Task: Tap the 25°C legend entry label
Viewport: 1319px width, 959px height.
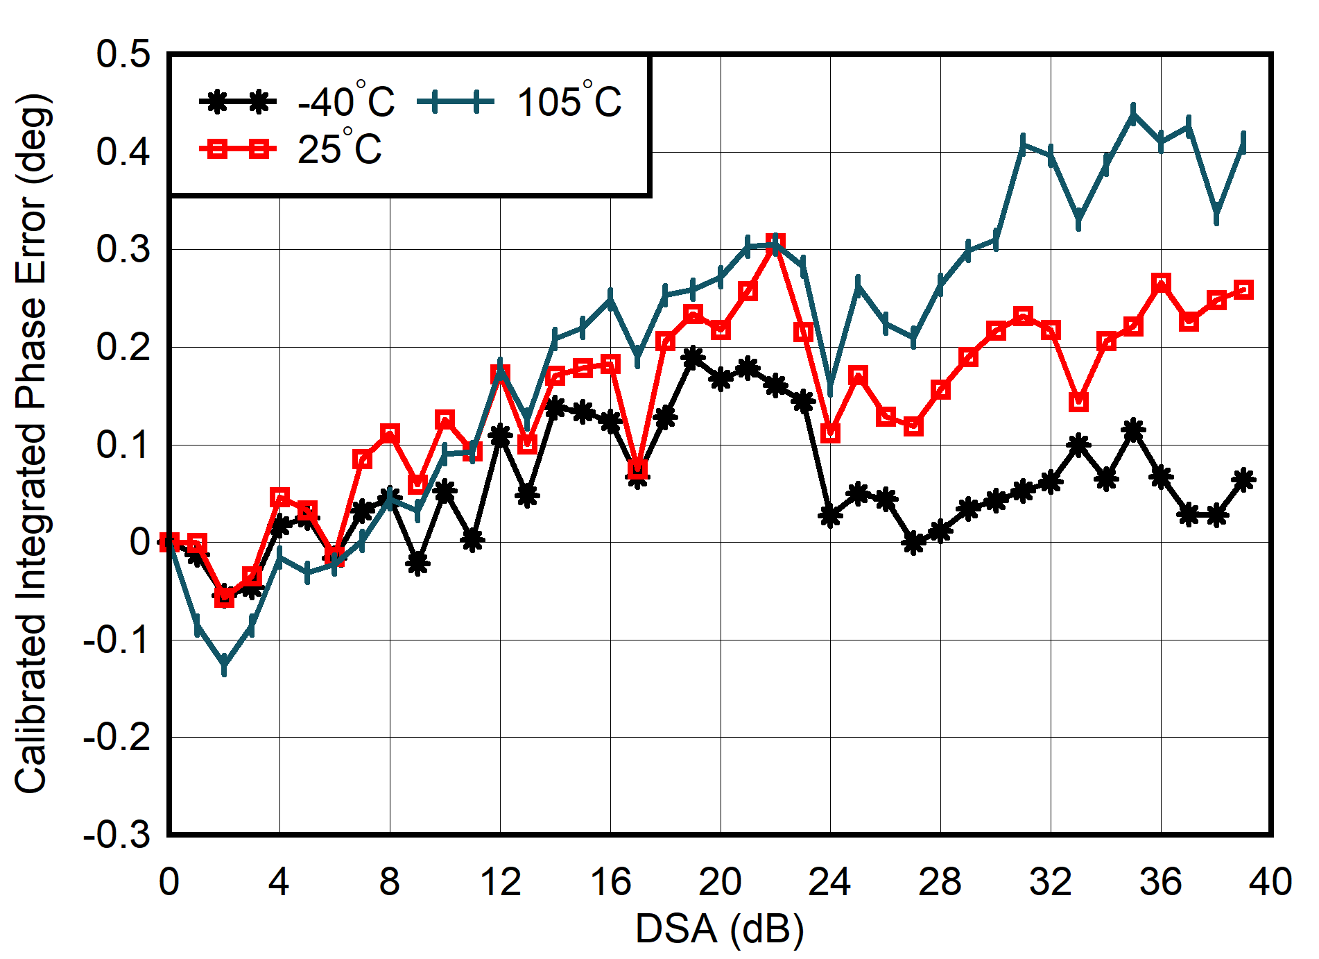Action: (339, 148)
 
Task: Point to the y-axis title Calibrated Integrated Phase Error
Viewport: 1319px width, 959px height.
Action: (31, 444)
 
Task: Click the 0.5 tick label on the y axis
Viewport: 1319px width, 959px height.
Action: (123, 54)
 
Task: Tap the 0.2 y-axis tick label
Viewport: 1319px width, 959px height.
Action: (123, 347)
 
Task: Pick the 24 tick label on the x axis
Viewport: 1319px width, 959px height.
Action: (830, 882)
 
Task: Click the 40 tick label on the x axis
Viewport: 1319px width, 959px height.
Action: (1270, 882)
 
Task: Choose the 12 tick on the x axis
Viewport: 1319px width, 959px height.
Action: (500, 882)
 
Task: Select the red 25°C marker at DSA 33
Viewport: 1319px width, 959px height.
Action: (1078, 402)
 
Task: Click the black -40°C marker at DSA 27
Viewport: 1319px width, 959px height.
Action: (913, 543)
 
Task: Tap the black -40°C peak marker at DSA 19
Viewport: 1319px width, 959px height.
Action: (693, 358)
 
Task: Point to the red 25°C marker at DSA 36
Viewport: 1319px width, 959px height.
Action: (1161, 283)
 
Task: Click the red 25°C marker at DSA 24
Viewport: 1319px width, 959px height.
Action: (830, 433)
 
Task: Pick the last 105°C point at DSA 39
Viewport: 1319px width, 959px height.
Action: (1243, 142)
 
